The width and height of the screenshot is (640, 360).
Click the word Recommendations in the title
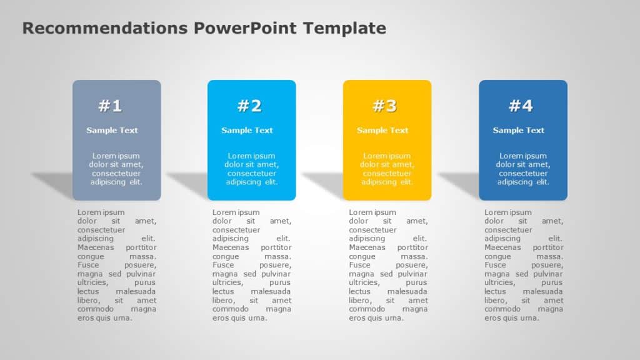coord(105,28)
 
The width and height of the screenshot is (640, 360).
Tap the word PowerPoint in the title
coord(245,28)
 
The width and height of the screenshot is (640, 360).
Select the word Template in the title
coord(344,28)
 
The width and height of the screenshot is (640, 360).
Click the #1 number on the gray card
coord(110,106)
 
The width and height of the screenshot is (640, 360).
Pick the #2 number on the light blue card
coord(249,106)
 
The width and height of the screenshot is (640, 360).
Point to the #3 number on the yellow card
coord(384,106)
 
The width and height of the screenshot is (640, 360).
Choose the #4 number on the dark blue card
coord(521,106)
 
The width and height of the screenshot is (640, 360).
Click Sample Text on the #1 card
coord(112,130)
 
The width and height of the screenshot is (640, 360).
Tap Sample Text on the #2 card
coord(247,130)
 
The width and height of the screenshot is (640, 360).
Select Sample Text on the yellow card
coord(382,130)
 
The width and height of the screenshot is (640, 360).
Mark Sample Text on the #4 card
coord(518,130)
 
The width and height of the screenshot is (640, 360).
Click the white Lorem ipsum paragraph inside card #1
coord(116,169)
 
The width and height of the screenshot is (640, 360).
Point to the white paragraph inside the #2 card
coord(251,169)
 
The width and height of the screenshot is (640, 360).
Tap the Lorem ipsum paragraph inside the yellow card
coord(387,169)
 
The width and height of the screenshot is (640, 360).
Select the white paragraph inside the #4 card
coord(523,169)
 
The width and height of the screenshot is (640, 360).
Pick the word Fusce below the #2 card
coord(223,265)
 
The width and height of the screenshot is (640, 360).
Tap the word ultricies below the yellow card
coord(364,282)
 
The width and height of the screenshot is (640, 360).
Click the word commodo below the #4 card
coord(502,309)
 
